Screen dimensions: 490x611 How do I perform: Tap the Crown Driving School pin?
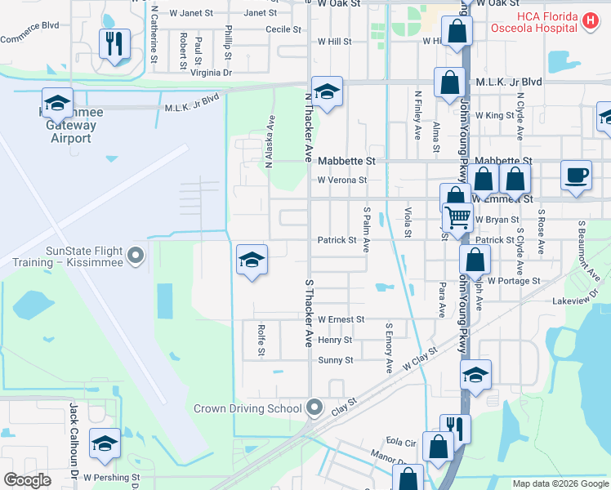coord(315,408)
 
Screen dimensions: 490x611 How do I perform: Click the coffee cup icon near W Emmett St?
coord(577,175)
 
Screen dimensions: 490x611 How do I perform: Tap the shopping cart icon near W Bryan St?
coord(458,217)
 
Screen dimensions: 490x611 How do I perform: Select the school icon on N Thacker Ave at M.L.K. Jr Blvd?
coord(327,92)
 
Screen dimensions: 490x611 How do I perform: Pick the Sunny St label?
coord(336,360)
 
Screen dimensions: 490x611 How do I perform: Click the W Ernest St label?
coord(341,319)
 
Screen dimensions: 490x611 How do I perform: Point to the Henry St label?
coord(335,340)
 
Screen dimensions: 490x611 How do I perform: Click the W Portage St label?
coord(515,281)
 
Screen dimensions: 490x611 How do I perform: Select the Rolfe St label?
coord(261,340)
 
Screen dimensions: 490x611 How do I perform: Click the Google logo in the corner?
coord(27,480)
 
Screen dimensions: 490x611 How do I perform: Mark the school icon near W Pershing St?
coord(105,443)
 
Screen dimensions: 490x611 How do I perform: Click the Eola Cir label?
coord(401,442)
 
